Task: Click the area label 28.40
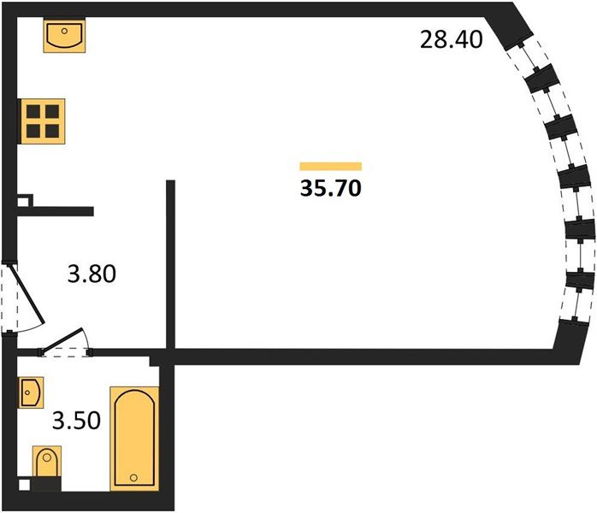pyautogui.click(x=452, y=39)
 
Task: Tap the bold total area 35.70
pyautogui.click(x=330, y=188)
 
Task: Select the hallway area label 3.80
pyautogui.click(x=92, y=274)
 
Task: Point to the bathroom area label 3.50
pyautogui.click(x=76, y=421)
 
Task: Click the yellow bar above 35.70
pyautogui.click(x=330, y=167)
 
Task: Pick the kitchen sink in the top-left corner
pyautogui.click(x=64, y=36)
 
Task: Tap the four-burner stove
pyautogui.click(x=43, y=121)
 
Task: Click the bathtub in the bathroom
pyautogui.click(x=134, y=439)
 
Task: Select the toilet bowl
pyautogui.click(x=47, y=462)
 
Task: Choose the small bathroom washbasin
pyautogui.click(x=31, y=392)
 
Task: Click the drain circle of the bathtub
pyautogui.click(x=133, y=478)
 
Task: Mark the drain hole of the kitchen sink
pyautogui.click(x=64, y=31)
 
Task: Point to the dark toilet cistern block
pyautogui.click(x=46, y=484)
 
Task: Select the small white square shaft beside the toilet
pyautogui.click(x=24, y=486)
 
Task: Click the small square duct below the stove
pyautogui.click(x=24, y=201)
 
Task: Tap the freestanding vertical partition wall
pyautogui.click(x=170, y=265)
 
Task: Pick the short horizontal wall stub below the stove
pyautogui.click(x=56, y=211)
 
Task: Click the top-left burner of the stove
pyautogui.click(x=33, y=112)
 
